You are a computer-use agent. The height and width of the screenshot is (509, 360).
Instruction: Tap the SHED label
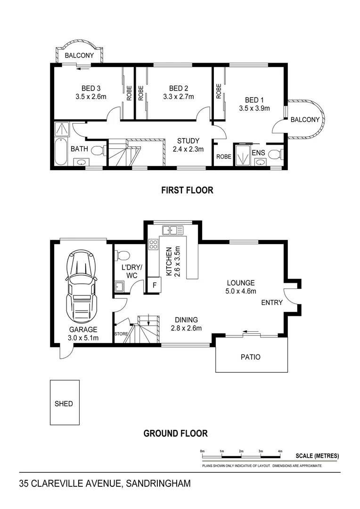point(64,403)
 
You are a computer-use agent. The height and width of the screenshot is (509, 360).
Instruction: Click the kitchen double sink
point(172,230)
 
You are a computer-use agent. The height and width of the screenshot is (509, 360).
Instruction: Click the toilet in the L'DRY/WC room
point(122,256)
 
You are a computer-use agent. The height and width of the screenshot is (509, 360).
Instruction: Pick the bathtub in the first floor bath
point(60,152)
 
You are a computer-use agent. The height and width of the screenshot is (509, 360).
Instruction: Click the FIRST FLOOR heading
point(187,190)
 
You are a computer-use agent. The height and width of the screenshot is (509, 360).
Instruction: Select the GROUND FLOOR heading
point(175,433)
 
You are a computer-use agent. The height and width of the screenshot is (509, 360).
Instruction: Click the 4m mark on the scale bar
point(280,452)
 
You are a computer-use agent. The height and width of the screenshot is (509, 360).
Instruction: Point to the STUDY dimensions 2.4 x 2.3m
point(188,149)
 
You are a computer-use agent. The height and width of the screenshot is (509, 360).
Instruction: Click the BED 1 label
point(254,99)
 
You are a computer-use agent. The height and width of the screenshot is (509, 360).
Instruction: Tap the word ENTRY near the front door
point(272,302)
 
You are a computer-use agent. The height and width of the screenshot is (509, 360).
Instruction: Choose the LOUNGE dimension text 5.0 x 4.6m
point(241,291)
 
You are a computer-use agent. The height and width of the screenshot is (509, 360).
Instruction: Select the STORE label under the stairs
point(121,334)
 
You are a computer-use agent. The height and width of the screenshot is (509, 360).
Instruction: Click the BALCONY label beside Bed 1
point(305,120)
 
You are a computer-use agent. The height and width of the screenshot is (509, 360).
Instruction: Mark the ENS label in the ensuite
point(258,152)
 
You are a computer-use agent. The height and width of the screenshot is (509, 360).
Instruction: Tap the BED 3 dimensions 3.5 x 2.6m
point(91,97)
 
